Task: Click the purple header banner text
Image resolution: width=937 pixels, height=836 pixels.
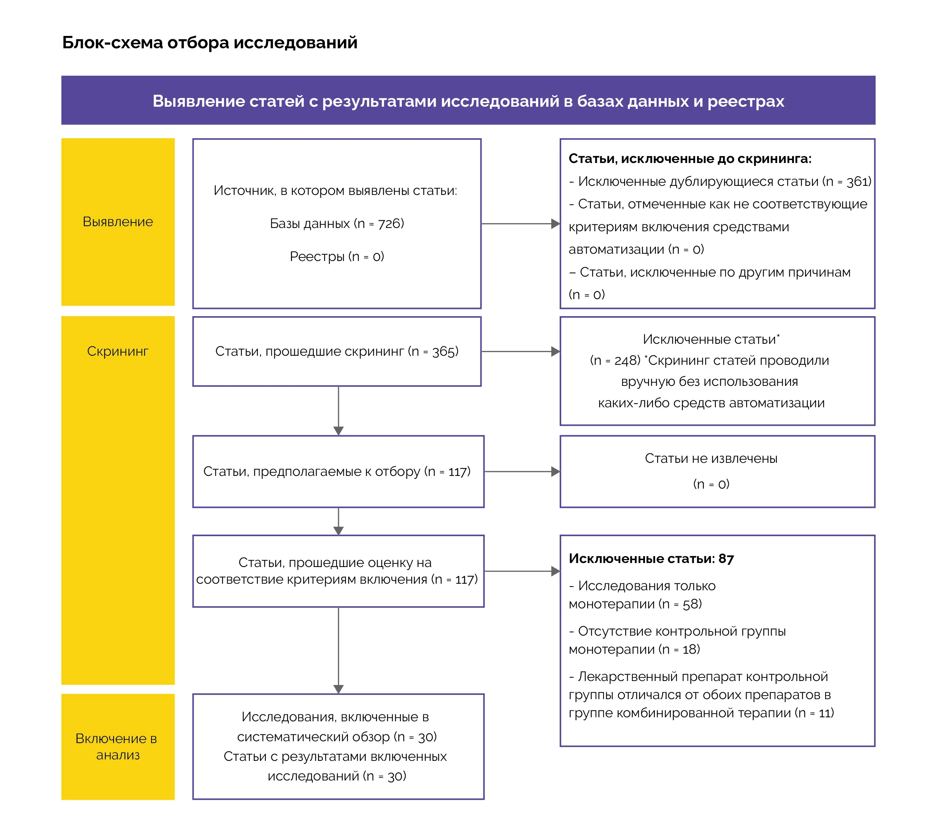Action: pyautogui.click(x=468, y=101)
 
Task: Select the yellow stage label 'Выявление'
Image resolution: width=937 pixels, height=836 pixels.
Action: pyautogui.click(x=118, y=222)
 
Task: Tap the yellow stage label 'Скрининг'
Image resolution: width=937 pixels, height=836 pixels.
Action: pyautogui.click(x=118, y=351)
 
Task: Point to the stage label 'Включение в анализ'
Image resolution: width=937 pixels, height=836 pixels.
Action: pyautogui.click(x=117, y=746)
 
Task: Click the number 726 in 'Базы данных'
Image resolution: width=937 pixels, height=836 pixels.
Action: pyautogui.click(x=390, y=224)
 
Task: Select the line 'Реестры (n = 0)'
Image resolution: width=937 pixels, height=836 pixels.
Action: pyautogui.click(x=337, y=256)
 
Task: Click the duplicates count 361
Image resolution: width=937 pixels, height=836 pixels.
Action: pyautogui.click(x=857, y=182)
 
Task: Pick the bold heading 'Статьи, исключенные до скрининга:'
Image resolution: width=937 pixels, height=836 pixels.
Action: pyautogui.click(x=689, y=159)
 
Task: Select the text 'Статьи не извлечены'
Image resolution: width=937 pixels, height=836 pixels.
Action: pyautogui.click(x=711, y=458)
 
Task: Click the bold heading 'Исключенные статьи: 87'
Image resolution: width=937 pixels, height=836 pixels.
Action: pyautogui.click(x=651, y=559)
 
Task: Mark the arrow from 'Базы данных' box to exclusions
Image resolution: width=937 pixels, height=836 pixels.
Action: pyautogui.click(x=520, y=224)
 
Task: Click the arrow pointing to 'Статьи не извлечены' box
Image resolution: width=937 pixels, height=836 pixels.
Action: pyautogui.click(x=522, y=472)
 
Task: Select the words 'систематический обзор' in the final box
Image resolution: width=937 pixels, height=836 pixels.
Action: pyautogui.click(x=313, y=737)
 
